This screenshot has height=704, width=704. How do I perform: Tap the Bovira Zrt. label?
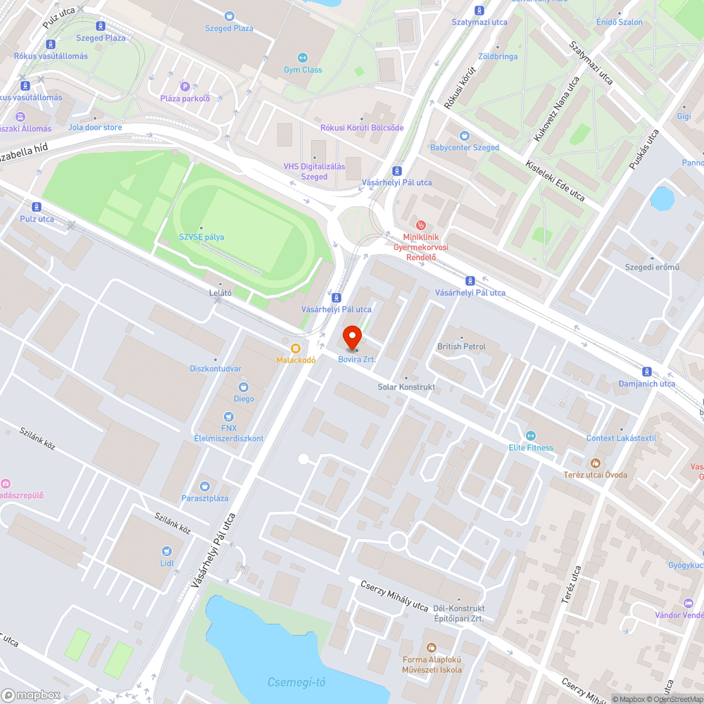[x=357, y=360]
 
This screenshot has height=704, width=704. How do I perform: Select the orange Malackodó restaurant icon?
[x=296, y=348]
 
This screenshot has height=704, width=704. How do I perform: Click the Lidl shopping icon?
[x=167, y=551]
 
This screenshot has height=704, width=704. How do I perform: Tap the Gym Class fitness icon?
[x=303, y=58]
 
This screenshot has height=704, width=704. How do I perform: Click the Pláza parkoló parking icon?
[x=185, y=86]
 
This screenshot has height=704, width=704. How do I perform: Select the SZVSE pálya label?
[x=201, y=237]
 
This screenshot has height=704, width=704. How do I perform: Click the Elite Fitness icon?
[x=531, y=435]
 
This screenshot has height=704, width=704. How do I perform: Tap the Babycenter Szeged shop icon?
[x=464, y=136]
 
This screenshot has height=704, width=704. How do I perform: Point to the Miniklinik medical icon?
[x=421, y=225]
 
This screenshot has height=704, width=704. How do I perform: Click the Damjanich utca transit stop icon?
[x=646, y=372]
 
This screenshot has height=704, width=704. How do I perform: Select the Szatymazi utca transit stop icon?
[x=479, y=10]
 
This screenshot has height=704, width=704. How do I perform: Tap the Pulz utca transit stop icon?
[x=37, y=206]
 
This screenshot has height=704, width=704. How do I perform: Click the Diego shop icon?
[x=244, y=386]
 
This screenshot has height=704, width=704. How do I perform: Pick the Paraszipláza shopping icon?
[x=205, y=486]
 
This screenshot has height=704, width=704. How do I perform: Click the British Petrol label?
[x=461, y=346]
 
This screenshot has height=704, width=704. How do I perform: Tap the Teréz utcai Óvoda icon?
[x=595, y=463]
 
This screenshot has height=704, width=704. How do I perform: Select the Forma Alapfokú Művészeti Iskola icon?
[x=432, y=647]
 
